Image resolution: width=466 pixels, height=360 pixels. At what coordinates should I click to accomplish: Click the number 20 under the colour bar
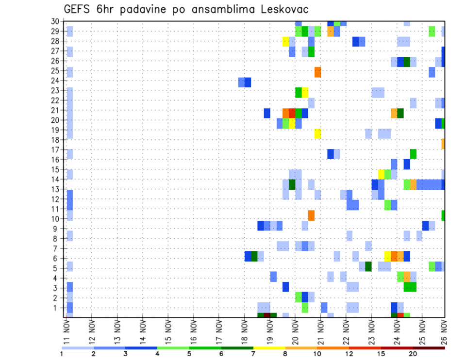click(413, 354)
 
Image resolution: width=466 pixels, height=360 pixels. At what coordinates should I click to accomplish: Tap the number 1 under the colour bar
click(62, 354)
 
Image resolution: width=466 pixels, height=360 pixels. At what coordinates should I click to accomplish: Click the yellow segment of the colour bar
click(269, 348)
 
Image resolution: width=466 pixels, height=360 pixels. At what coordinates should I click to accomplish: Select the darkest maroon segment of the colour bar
click(429, 348)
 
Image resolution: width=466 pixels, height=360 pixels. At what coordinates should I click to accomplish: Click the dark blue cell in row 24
click(248, 82)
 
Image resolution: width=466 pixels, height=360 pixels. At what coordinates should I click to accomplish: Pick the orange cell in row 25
click(318, 72)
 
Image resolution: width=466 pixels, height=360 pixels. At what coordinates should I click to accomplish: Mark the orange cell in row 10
click(311, 215)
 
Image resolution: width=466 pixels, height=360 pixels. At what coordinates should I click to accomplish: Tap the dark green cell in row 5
click(368, 266)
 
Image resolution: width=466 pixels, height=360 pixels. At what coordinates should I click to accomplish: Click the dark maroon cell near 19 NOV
click(266, 315)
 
